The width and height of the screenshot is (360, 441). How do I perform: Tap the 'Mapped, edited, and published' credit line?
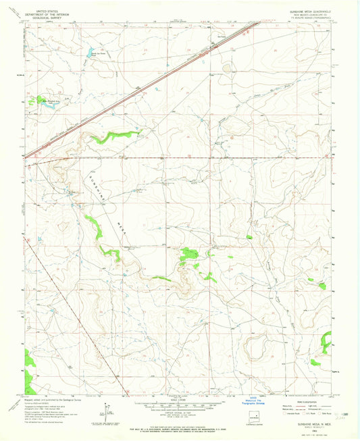51,398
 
